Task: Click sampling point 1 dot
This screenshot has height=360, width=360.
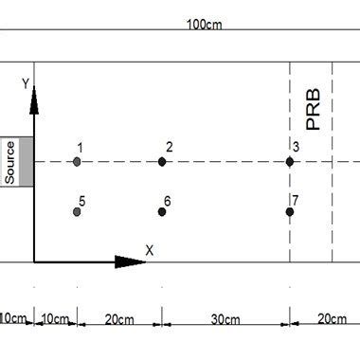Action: coord(77,162)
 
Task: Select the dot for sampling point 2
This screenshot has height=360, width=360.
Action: coord(162,162)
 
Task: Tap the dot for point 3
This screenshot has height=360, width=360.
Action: coord(290,162)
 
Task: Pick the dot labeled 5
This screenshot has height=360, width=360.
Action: coord(77,211)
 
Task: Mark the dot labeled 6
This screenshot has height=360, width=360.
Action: coord(162,211)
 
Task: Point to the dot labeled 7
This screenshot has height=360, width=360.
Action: coord(290,211)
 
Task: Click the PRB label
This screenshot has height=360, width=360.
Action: coord(315,110)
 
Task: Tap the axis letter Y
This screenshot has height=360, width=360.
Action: coord(26,84)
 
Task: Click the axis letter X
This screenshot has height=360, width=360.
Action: coord(149,250)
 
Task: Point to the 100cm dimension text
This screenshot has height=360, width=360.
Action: coord(204,25)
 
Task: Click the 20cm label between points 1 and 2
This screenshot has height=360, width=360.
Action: coord(119,319)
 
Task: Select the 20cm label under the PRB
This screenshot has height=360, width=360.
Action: coord(331,319)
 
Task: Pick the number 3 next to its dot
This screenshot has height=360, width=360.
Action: coord(296,147)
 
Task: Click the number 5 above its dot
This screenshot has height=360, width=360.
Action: coord(82,201)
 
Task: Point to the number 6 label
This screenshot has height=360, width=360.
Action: coord(167,201)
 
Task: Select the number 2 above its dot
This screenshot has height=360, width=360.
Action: coord(169,147)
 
